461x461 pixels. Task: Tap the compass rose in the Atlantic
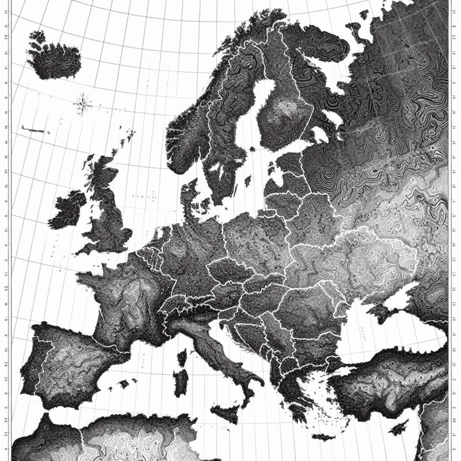click(82, 104)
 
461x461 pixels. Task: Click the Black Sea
click(384, 332)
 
